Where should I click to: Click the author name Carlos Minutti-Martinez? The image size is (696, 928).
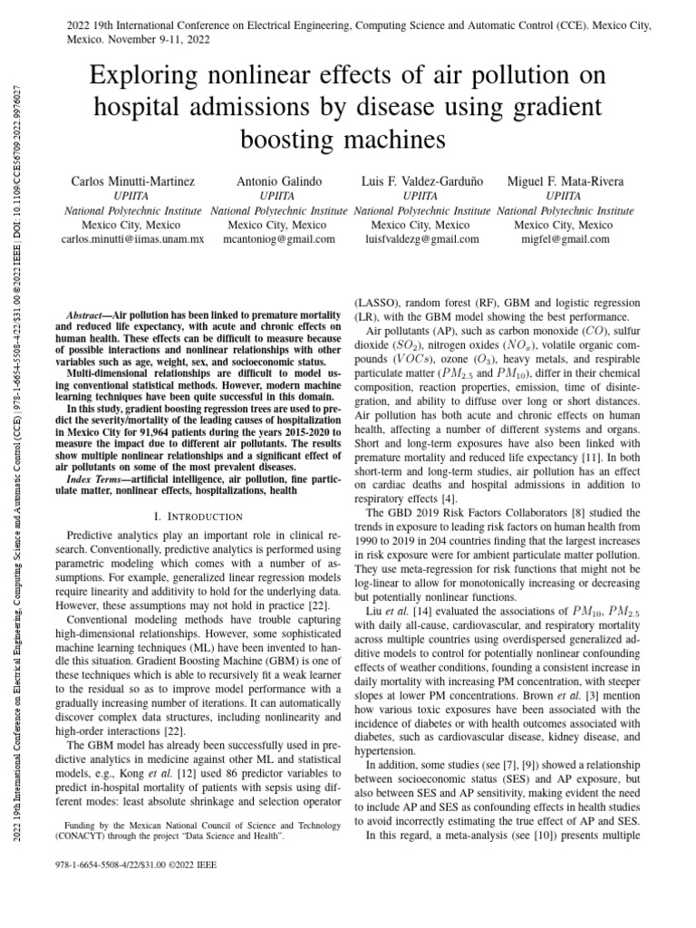tap(132, 182)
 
